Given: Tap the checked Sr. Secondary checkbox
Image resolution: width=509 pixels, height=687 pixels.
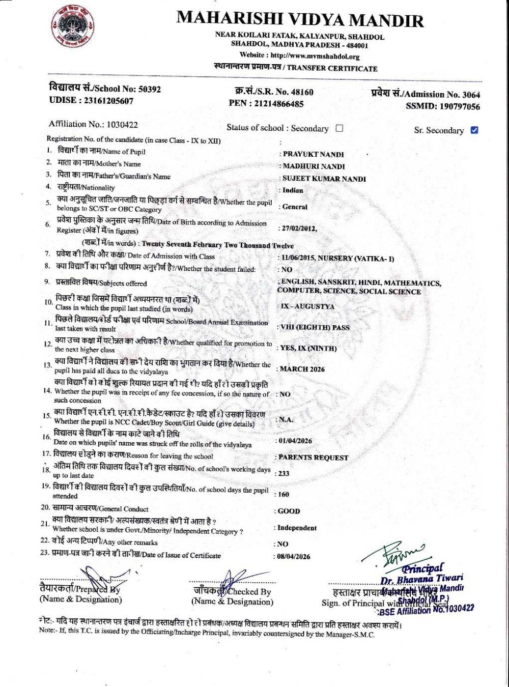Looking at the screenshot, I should [474, 130].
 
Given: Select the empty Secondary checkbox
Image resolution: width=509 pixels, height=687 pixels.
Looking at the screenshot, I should [340, 128].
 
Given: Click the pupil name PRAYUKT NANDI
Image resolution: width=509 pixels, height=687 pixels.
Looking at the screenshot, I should [314, 154].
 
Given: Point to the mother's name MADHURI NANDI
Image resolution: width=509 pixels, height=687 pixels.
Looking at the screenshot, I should [314, 166].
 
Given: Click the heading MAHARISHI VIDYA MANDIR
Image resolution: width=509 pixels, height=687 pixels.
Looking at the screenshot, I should [300, 19].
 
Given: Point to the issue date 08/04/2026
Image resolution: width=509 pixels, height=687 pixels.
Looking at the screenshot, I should [293, 557].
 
